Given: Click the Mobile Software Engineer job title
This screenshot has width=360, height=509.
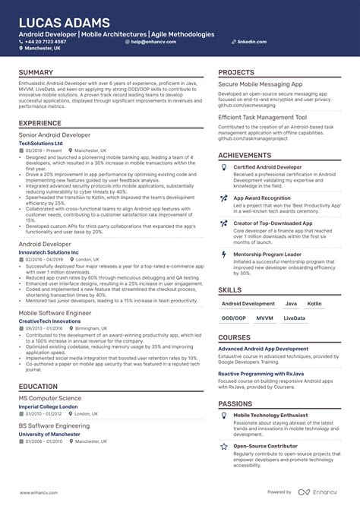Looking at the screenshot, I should [x=55, y=312].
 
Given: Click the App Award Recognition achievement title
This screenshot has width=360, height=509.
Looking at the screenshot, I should [x=262, y=198].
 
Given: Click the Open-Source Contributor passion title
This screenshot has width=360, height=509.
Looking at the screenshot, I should [x=267, y=446].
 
